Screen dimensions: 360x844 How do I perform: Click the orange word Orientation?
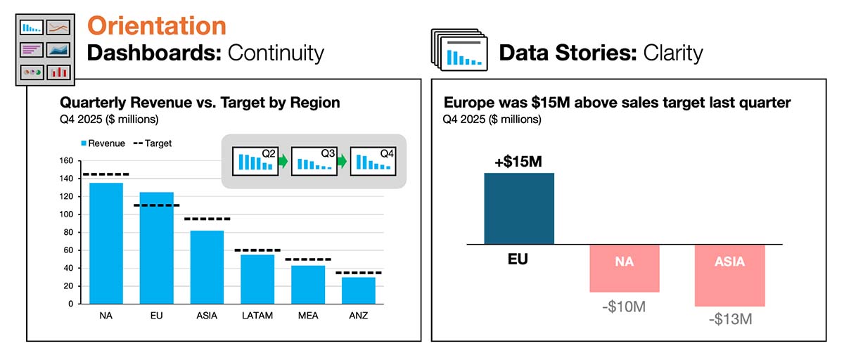(156, 26)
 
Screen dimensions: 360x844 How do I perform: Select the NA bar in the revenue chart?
(105, 243)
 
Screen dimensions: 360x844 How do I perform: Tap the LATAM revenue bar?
(257, 278)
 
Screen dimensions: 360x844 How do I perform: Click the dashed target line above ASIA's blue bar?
(207, 219)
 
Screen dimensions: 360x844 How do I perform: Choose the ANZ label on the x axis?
(359, 316)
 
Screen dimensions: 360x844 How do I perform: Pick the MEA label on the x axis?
(308, 316)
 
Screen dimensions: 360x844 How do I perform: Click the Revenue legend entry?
(105, 143)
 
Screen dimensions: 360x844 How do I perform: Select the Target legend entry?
(153, 143)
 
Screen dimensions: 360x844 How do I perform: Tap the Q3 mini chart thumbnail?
(313, 162)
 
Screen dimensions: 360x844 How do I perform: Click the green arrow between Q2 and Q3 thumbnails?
(282, 162)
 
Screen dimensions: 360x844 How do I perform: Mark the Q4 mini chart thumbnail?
(373, 162)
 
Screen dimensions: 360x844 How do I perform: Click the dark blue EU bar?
(519, 208)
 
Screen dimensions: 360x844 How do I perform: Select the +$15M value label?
(518, 162)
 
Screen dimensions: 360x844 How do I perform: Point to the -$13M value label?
(729, 319)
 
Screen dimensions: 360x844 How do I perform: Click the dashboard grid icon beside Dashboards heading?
(45, 49)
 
